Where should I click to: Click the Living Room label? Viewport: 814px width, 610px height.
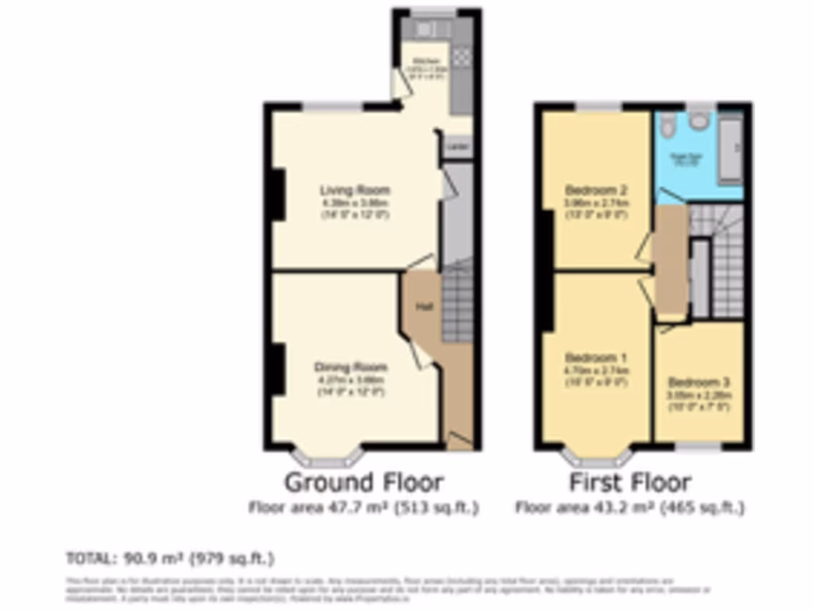click(x=355, y=191)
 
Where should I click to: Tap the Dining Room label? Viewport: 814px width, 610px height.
click(x=351, y=368)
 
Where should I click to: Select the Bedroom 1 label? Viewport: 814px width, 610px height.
click(x=596, y=357)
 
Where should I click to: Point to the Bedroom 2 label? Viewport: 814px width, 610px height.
click(x=597, y=191)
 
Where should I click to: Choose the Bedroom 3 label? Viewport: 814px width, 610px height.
click(x=699, y=382)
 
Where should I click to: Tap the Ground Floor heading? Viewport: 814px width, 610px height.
click(x=364, y=482)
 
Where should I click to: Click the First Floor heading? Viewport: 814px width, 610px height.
click(x=630, y=482)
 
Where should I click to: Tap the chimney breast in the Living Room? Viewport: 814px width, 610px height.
click(x=275, y=195)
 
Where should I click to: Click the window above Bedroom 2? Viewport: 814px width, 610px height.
click(x=599, y=105)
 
